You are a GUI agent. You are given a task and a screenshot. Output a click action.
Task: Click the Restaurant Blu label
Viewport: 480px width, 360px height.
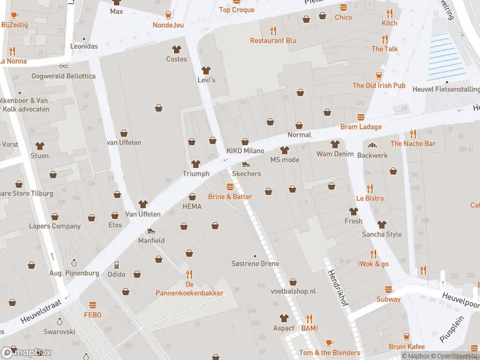click(274, 41)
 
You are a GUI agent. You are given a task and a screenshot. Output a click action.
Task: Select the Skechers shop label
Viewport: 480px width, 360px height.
click(246, 173)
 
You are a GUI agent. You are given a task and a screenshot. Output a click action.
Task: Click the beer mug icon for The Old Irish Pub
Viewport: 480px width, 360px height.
click(379, 75)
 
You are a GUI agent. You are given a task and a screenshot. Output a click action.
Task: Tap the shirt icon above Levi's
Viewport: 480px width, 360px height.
click(206, 70)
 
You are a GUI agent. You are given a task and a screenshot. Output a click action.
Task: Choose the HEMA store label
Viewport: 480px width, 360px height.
click(192, 206)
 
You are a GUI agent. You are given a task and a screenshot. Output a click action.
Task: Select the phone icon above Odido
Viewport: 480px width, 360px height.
click(116, 265)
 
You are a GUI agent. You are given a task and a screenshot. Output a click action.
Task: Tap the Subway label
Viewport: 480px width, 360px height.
click(388, 299)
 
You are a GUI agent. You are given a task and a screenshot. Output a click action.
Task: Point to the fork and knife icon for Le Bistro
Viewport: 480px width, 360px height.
click(370, 188)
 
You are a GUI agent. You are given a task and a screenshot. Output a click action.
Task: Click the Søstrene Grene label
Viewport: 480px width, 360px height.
click(255, 264)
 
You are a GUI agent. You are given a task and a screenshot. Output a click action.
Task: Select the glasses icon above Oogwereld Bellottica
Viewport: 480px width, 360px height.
click(63, 66)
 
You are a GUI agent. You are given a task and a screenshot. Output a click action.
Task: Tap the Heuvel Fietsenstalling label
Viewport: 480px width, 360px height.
click(446, 89)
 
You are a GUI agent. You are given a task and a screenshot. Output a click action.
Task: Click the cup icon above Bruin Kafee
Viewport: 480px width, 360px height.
click(406, 337)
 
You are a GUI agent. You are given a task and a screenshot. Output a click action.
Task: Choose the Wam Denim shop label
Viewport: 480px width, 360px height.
click(334, 154)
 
